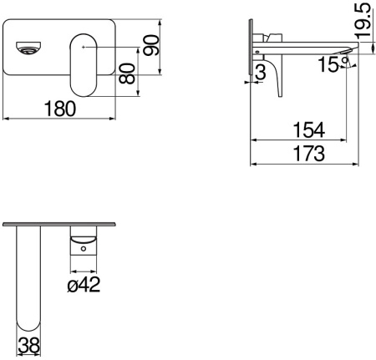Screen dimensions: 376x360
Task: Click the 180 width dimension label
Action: point(60,109)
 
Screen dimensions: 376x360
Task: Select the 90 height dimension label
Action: point(151,45)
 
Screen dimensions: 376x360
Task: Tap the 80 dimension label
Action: point(127,74)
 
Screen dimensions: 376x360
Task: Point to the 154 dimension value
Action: point(309,129)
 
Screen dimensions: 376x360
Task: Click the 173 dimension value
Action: point(309,154)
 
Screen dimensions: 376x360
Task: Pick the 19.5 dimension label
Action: point(363,20)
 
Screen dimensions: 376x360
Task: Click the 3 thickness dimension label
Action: point(261,72)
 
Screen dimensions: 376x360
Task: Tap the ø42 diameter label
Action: point(84,285)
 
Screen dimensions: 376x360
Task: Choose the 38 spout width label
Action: point(28,346)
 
